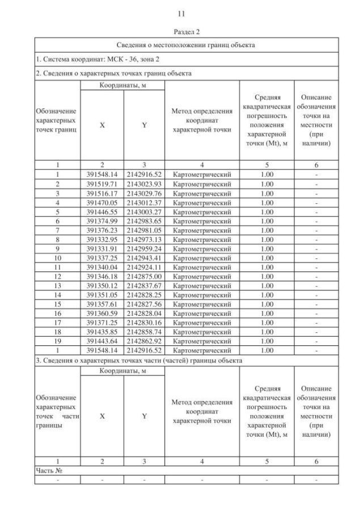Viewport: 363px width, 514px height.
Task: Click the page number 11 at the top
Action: coord(181,12)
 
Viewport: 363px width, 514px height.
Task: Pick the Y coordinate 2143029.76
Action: coord(144,193)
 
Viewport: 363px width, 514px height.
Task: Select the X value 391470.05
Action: coord(102,202)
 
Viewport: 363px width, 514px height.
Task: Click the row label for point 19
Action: coord(58,342)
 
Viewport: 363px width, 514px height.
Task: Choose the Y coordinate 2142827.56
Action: coord(144,304)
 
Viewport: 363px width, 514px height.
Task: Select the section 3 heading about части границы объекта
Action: coord(139,361)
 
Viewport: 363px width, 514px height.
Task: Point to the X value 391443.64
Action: coord(102,342)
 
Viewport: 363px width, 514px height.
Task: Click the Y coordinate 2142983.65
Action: coord(144,222)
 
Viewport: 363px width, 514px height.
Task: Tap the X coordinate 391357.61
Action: coord(102,304)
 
